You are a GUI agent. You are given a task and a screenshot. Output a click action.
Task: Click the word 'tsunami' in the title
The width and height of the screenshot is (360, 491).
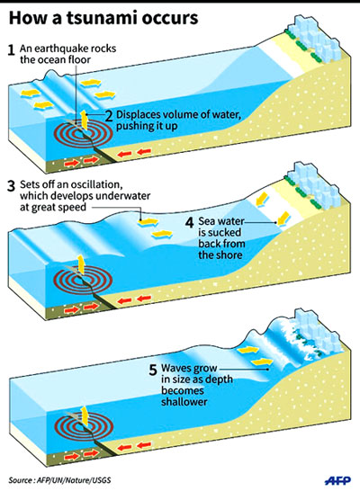pos(101,18)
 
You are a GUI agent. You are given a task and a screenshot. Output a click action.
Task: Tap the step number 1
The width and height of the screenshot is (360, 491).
pos(12,50)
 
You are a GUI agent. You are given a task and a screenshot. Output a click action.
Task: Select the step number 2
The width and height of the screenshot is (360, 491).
pos(109,117)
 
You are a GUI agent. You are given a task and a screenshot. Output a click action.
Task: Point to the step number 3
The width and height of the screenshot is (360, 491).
pos(12,186)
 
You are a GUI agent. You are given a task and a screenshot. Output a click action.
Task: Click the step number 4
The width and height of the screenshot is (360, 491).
pos(190,223)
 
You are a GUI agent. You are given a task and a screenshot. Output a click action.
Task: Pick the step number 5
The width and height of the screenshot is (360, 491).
pos(153,370)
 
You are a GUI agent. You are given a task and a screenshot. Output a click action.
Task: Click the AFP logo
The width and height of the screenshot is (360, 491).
pos(337,480)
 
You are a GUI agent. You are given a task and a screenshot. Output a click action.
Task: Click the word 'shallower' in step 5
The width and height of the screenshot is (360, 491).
pos(184,401)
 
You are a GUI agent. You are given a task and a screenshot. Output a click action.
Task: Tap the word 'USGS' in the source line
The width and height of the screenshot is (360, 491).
pos(102,480)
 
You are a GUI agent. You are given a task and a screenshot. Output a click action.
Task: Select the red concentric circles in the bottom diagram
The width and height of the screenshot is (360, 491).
pos(84,426)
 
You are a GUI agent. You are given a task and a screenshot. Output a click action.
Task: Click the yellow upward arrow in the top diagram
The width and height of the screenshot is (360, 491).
pos(84,120)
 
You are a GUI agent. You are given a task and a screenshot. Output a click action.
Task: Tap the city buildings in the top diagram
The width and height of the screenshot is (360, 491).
pos(315,40)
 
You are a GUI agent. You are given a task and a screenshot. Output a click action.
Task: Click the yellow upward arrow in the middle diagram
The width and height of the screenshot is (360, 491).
pos(81,265)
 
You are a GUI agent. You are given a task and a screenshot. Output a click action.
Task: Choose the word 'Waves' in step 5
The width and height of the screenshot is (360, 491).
pos(175,368)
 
